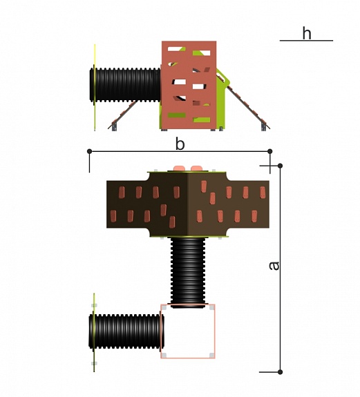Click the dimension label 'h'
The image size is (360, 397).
307,33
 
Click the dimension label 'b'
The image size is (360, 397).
180,144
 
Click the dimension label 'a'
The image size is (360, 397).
274,266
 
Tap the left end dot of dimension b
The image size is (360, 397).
89,151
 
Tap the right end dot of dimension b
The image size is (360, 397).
270,151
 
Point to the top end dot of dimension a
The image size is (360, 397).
280,166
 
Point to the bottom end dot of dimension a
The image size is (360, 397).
280,372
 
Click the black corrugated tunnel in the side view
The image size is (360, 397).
125,85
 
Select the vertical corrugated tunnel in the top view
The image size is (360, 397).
188,273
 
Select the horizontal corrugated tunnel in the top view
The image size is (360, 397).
126,331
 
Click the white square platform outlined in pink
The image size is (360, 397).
188,331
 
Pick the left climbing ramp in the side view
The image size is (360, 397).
123,115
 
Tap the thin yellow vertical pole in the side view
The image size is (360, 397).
95,88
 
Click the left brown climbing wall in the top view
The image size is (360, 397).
147,204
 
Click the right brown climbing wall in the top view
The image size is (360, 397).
229,204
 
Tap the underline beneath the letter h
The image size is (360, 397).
306,40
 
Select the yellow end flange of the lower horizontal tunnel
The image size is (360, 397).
94,332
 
